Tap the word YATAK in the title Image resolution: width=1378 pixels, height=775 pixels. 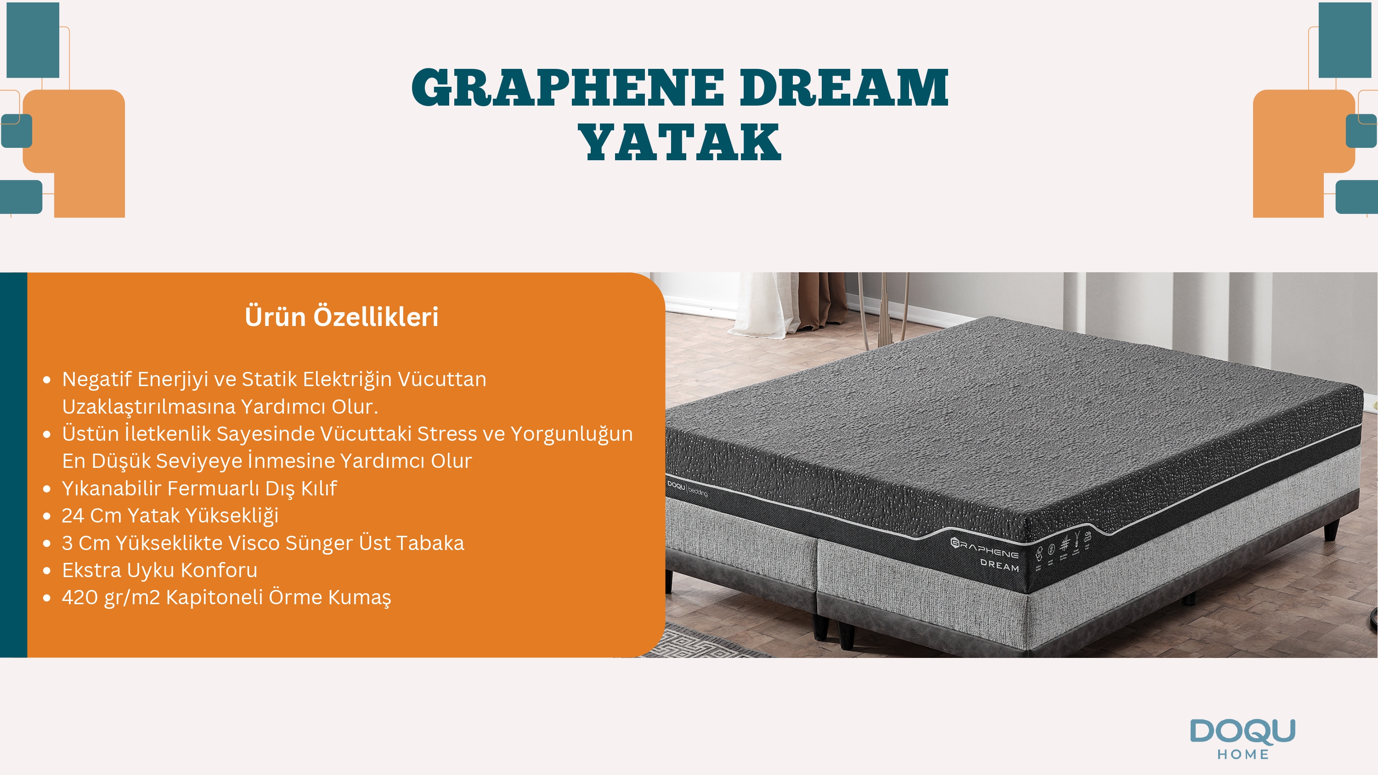pyautogui.click(x=680, y=142)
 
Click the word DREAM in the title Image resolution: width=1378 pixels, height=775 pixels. pyautogui.click(x=844, y=87)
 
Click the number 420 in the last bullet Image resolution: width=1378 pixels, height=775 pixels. pyautogui.click(x=80, y=597)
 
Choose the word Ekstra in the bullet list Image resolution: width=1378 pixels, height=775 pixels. pyautogui.click(x=91, y=570)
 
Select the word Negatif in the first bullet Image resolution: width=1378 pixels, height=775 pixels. pyautogui.click(x=97, y=379)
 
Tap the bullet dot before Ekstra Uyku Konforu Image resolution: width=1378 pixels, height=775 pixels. pyautogui.click(x=47, y=571)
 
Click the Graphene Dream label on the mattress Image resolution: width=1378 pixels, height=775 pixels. pyautogui.click(x=985, y=554)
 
